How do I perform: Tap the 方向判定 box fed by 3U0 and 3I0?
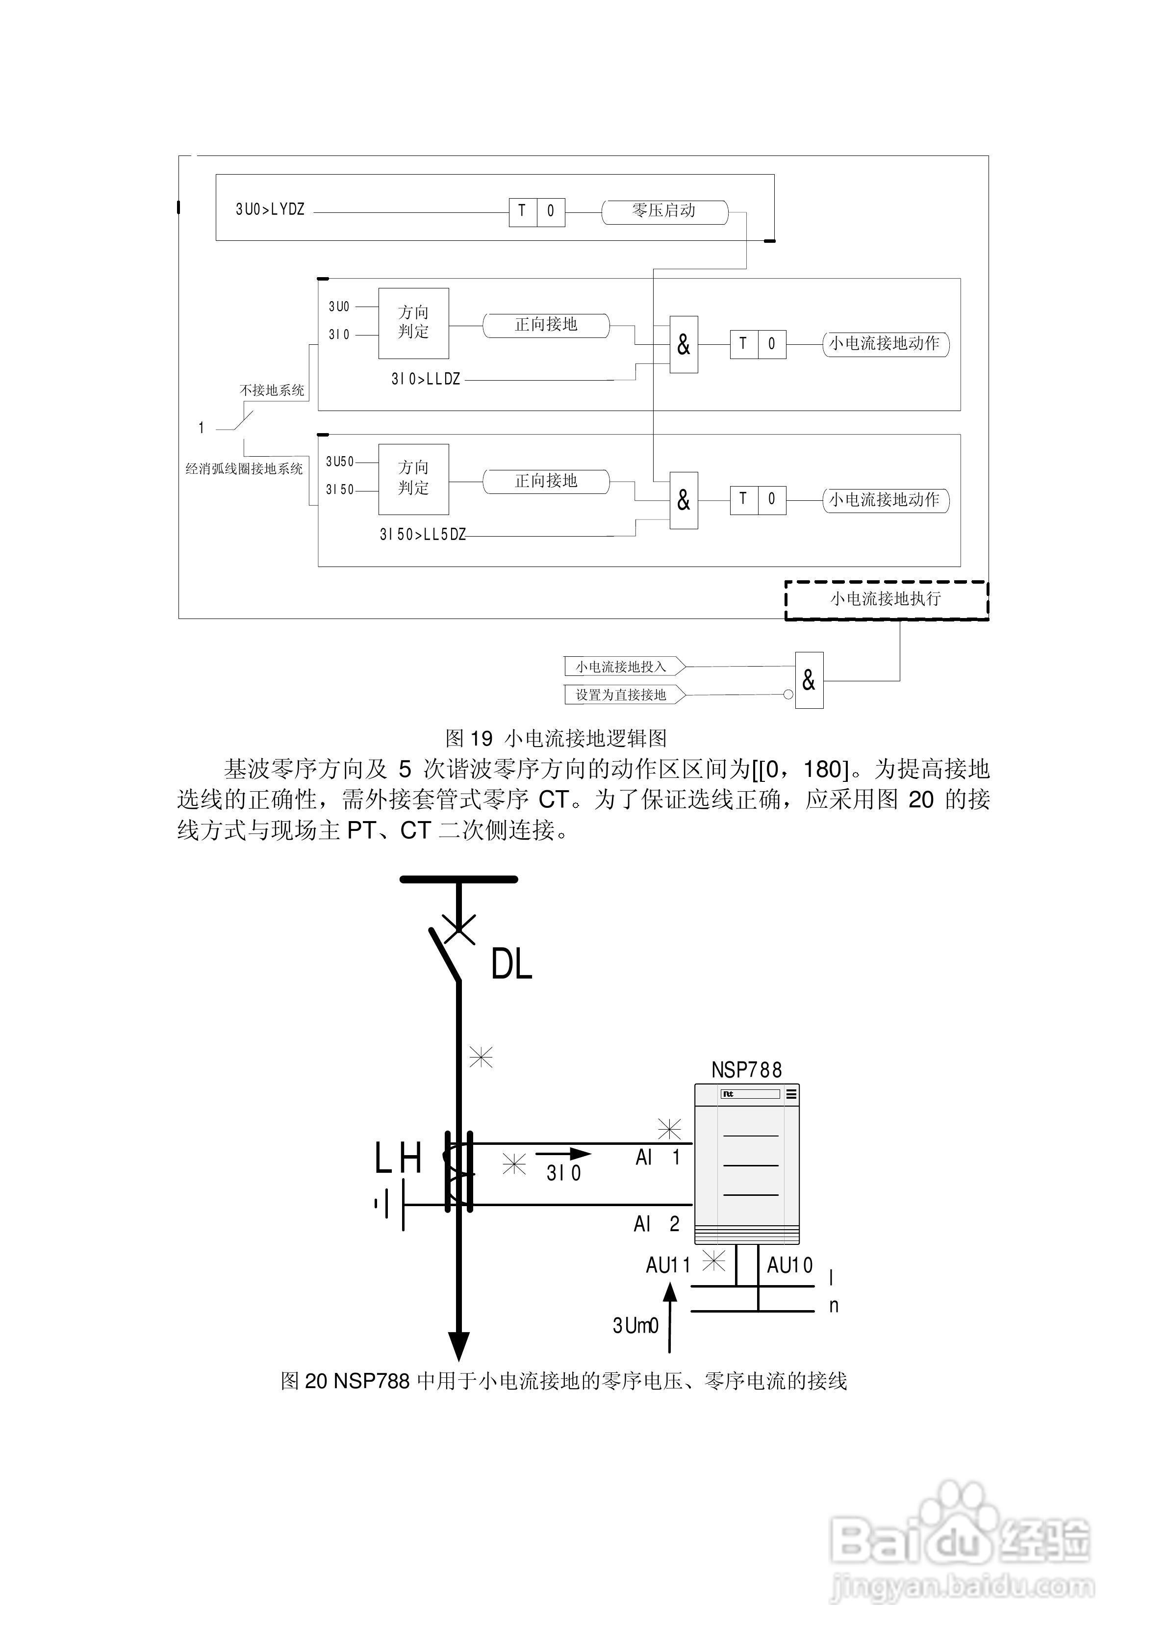[414, 323]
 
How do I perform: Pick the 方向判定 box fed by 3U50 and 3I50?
[414, 478]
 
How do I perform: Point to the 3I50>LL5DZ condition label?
[422, 535]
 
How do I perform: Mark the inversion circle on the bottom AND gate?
[788, 695]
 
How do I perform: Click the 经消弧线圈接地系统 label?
[244, 469]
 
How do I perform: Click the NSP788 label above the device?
[746, 1070]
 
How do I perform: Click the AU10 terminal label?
[789, 1265]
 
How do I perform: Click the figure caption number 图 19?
[469, 738]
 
